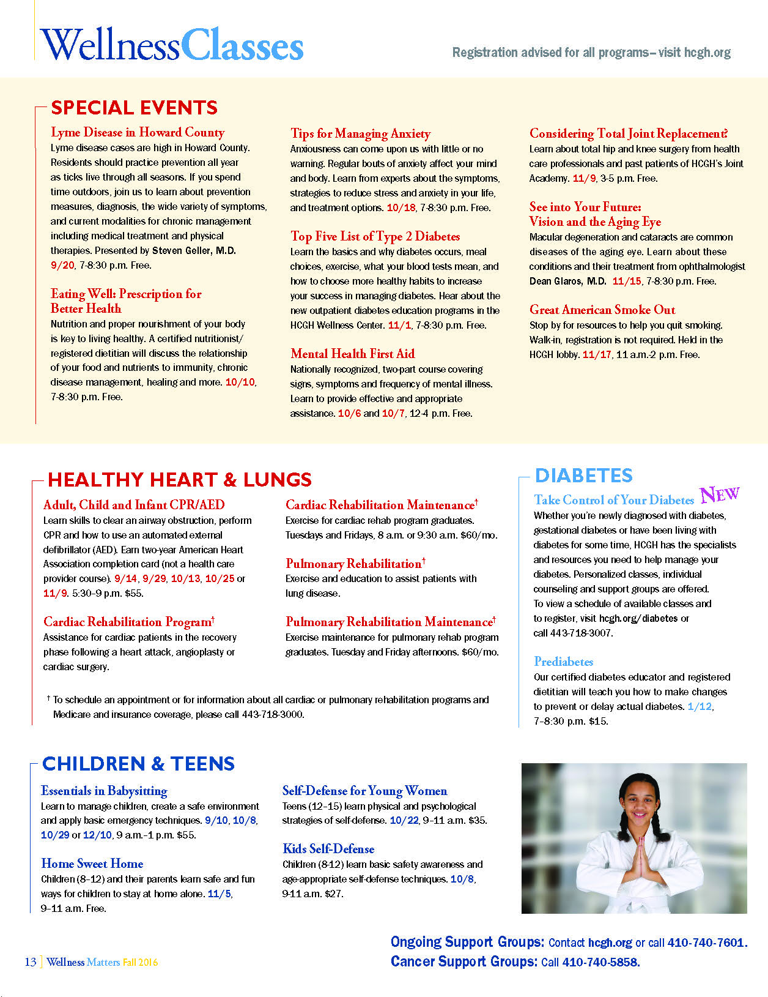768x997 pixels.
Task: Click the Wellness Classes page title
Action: click(172, 46)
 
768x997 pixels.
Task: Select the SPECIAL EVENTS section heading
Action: click(134, 108)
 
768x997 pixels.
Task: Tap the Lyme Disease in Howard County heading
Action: click(138, 132)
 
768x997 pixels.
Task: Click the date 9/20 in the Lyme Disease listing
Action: click(62, 265)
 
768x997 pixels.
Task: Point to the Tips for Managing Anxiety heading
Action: click(360, 133)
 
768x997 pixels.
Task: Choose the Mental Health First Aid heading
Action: click(352, 353)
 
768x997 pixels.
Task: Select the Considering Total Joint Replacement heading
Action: click(628, 133)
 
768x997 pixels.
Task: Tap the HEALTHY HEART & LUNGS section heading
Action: click(180, 479)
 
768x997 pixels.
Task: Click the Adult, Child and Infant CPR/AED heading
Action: click(134, 505)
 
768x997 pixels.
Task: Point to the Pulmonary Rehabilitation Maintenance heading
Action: click(390, 622)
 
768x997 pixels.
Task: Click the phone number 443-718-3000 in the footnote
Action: click(272, 714)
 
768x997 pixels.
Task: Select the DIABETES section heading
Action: click(583, 476)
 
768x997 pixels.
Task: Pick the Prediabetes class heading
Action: click(563, 662)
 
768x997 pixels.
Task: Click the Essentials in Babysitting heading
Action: click(104, 791)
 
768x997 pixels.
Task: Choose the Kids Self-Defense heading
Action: click(328, 849)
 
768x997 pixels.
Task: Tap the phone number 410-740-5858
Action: click(600, 962)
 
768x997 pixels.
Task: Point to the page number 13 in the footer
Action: click(31, 962)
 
